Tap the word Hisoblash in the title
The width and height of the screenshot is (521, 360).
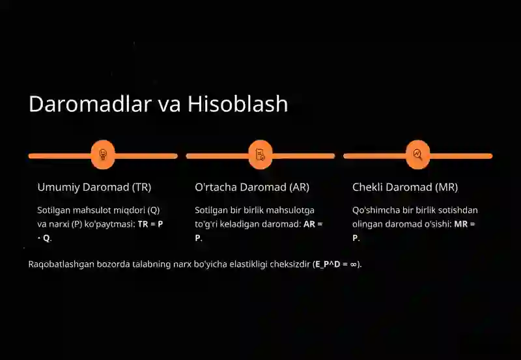click(x=238, y=104)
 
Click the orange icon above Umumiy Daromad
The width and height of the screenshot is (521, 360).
click(x=103, y=155)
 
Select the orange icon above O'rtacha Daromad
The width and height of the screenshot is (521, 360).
click(x=260, y=155)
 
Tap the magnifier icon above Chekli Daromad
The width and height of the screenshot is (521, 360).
click(x=417, y=155)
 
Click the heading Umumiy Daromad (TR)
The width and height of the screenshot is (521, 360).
click(x=94, y=187)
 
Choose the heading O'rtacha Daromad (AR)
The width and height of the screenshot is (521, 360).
click(x=252, y=187)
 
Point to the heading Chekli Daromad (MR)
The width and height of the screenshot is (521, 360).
click(x=405, y=187)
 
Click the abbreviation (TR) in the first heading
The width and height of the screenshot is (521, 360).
click(x=141, y=187)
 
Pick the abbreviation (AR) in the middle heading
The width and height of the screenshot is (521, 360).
click(x=300, y=187)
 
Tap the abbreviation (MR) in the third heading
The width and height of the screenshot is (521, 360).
click(x=447, y=187)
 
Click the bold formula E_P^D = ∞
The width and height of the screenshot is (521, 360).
click(x=336, y=264)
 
